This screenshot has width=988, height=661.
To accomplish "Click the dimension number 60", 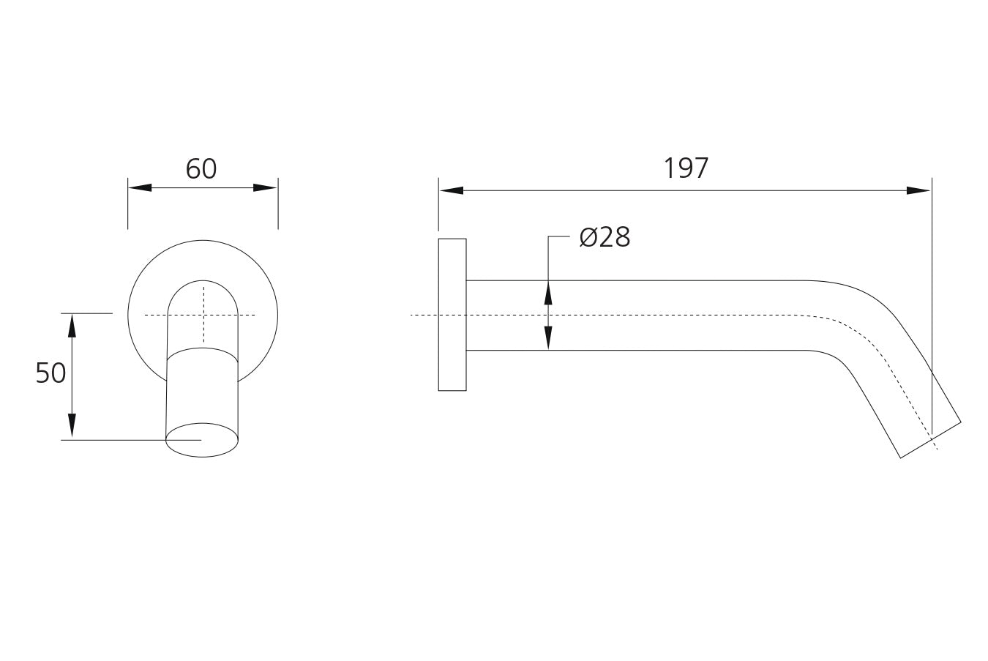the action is tap(201, 168).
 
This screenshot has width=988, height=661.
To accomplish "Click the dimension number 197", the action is tap(686, 168).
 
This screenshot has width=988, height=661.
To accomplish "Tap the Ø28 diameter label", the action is tap(605, 237).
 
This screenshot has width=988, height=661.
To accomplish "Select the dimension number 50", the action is tap(50, 373).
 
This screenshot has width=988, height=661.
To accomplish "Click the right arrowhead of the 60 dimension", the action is tap(265, 187).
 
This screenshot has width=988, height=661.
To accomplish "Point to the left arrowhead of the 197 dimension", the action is tap(452, 190).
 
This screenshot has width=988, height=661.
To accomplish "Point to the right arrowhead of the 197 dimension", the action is tap(918, 190).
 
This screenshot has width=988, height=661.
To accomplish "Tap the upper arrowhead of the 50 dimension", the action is tap(72, 326).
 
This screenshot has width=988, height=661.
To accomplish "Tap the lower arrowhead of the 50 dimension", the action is tap(72, 425).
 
